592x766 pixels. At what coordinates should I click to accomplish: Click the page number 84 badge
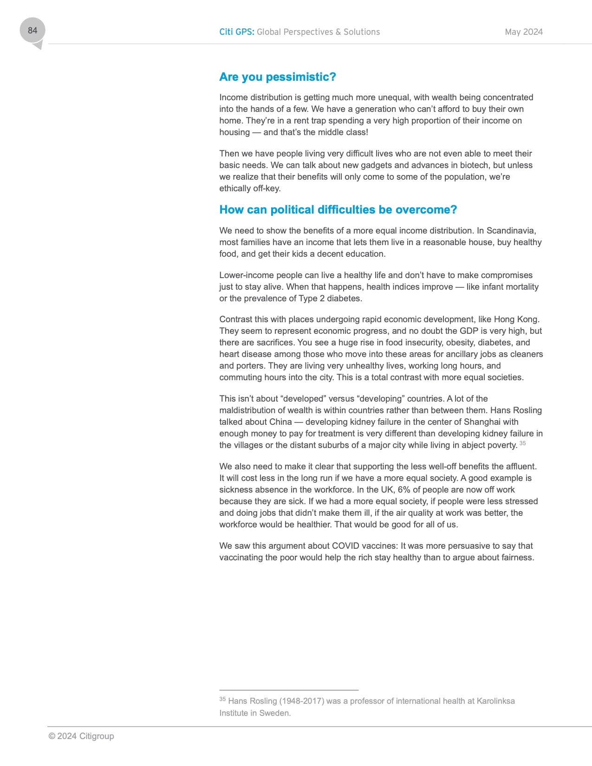pyautogui.click(x=33, y=31)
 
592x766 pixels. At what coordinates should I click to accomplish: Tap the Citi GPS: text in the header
pyautogui.click(x=236, y=32)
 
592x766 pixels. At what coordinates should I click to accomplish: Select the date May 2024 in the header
pyautogui.click(x=524, y=32)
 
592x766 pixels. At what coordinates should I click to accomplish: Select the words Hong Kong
pyautogui.click(x=516, y=319)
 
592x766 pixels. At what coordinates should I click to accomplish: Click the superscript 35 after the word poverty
pyautogui.click(x=523, y=443)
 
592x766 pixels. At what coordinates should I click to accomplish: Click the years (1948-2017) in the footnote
pyautogui.click(x=302, y=701)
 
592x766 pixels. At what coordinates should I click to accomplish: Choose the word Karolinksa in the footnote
pyautogui.click(x=495, y=701)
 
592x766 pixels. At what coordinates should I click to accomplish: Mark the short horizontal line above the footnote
pyautogui.click(x=289, y=690)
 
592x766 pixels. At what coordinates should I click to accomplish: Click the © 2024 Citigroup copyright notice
pyautogui.click(x=81, y=736)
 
